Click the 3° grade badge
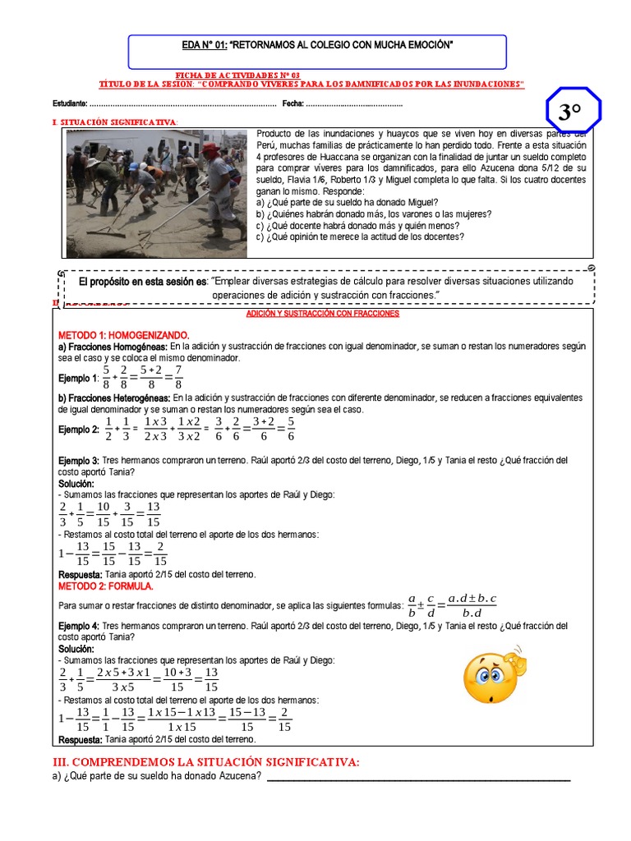point(573,113)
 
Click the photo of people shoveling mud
point(156,194)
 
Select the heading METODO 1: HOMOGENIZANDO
point(123,336)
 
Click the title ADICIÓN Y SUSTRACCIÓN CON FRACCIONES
point(323,314)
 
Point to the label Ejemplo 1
point(78,378)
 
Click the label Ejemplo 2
point(78,429)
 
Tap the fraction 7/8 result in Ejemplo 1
point(178,377)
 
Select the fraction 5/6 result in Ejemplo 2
point(291,428)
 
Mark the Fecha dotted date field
point(354,104)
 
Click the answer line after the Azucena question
point(419,778)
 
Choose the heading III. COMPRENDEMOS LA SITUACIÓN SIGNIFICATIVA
point(205,763)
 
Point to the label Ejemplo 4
point(78,625)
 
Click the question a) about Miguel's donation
point(348,202)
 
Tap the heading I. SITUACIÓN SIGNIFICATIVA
point(114,122)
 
